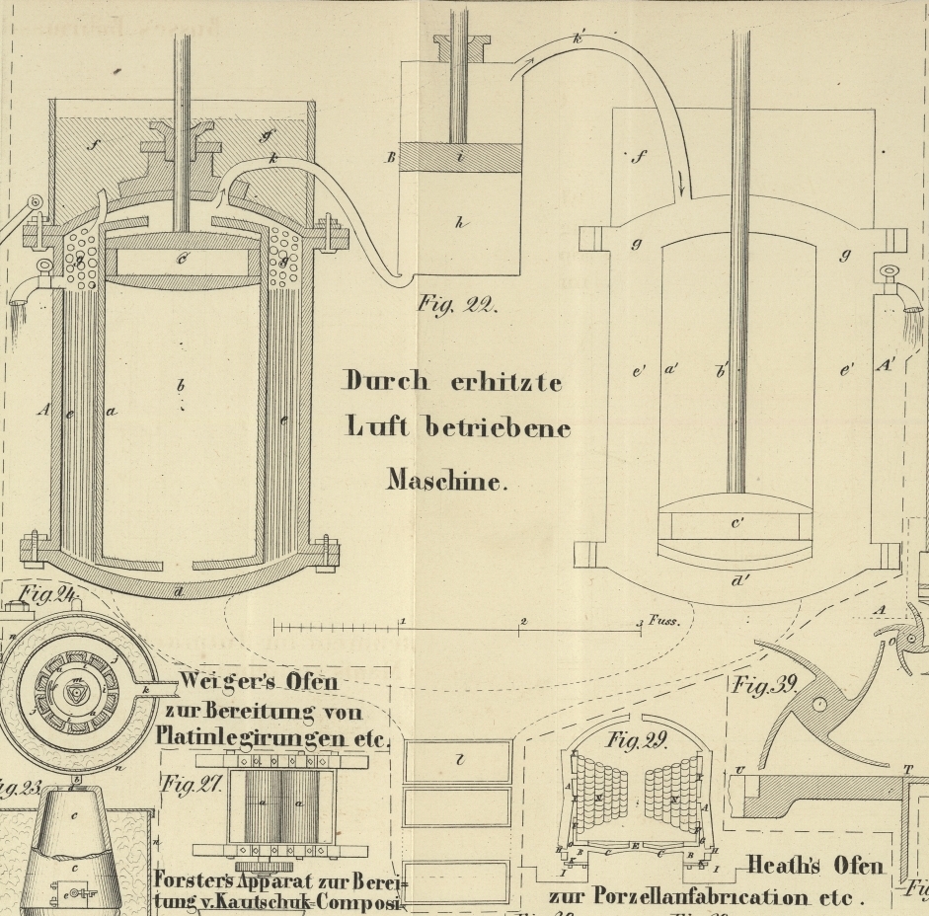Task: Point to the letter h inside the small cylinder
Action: (459, 223)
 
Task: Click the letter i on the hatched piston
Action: (459, 156)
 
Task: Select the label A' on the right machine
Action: (886, 365)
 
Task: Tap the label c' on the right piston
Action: (737, 523)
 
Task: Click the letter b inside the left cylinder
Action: (181, 384)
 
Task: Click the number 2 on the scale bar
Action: (523, 621)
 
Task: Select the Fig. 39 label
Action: (763, 686)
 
